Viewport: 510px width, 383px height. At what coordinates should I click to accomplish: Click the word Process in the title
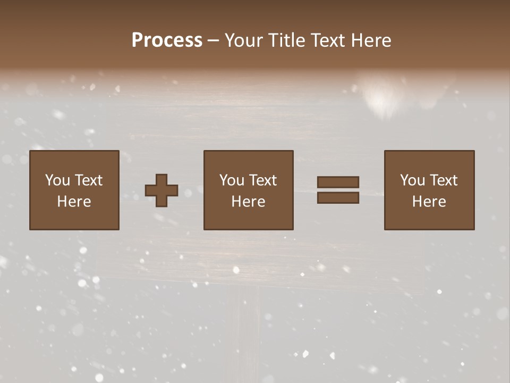tap(167, 40)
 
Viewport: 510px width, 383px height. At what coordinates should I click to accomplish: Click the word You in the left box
tap(57, 180)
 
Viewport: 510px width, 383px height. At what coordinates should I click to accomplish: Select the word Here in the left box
tap(74, 202)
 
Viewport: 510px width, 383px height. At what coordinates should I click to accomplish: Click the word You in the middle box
tap(232, 180)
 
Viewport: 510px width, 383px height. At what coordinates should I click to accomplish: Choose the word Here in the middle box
tap(248, 202)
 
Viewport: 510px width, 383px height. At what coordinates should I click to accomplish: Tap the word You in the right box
tap(412, 180)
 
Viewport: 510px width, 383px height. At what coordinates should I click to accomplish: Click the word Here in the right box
tap(429, 202)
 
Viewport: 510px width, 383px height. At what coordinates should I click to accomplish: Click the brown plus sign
tap(161, 190)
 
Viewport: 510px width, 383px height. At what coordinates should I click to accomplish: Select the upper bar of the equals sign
tap(338, 182)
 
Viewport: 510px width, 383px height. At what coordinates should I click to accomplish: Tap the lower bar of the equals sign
tap(338, 198)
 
